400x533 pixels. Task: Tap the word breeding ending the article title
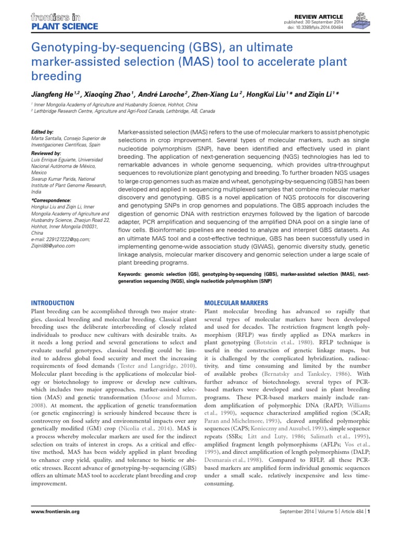57,76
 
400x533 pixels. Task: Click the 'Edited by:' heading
43,132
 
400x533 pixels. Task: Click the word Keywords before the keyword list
133,273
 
